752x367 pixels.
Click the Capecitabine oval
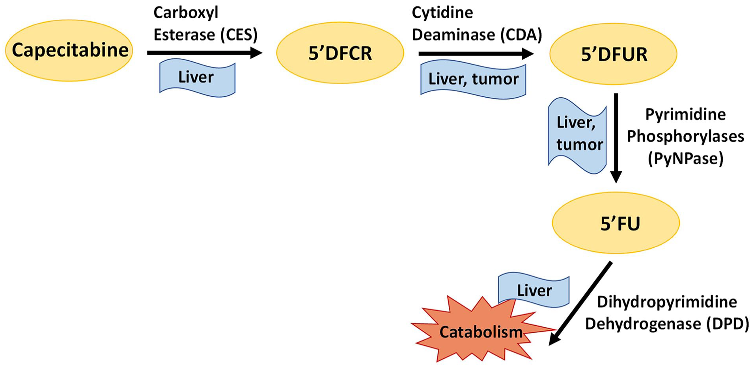(x=69, y=50)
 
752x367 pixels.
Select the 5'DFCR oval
(x=340, y=53)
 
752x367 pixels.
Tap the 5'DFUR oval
(x=613, y=54)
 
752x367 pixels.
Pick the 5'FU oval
(x=616, y=223)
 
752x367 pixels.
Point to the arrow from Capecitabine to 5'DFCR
(x=205, y=53)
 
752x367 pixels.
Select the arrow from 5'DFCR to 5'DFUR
(x=476, y=54)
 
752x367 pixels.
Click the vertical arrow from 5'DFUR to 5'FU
(x=616, y=138)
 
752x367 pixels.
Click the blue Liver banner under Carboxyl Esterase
(x=197, y=78)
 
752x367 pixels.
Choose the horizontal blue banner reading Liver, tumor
(x=473, y=79)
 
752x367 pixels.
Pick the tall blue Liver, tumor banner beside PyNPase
(x=578, y=135)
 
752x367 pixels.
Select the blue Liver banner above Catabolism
(x=534, y=289)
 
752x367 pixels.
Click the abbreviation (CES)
(x=239, y=35)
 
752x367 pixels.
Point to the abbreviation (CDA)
(x=521, y=35)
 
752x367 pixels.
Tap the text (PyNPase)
(x=686, y=158)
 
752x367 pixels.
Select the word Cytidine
(x=442, y=13)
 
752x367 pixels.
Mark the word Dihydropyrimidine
(x=667, y=302)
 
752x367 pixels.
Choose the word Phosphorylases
(x=685, y=136)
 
